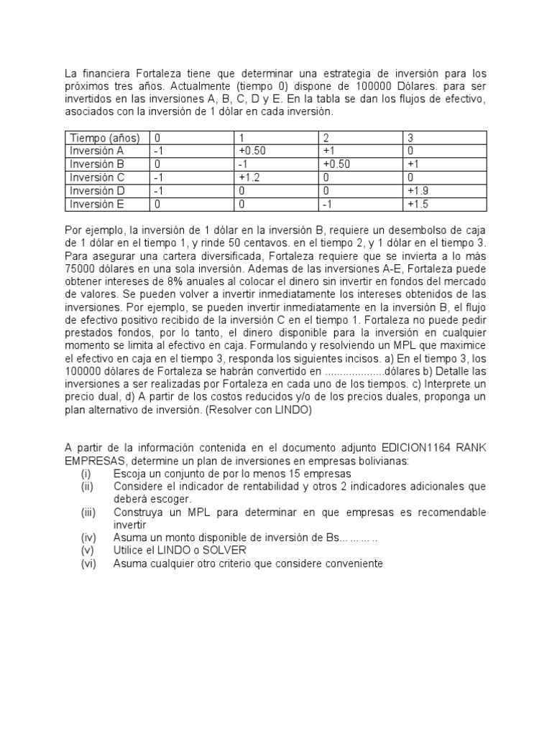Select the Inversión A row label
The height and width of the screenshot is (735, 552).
tap(97, 151)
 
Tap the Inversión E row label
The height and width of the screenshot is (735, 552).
tap(97, 205)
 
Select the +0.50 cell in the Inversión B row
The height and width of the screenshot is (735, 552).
tap(339, 164)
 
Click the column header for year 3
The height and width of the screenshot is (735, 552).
tap(410, 137)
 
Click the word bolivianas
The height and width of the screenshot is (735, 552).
tap(381, 462)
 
